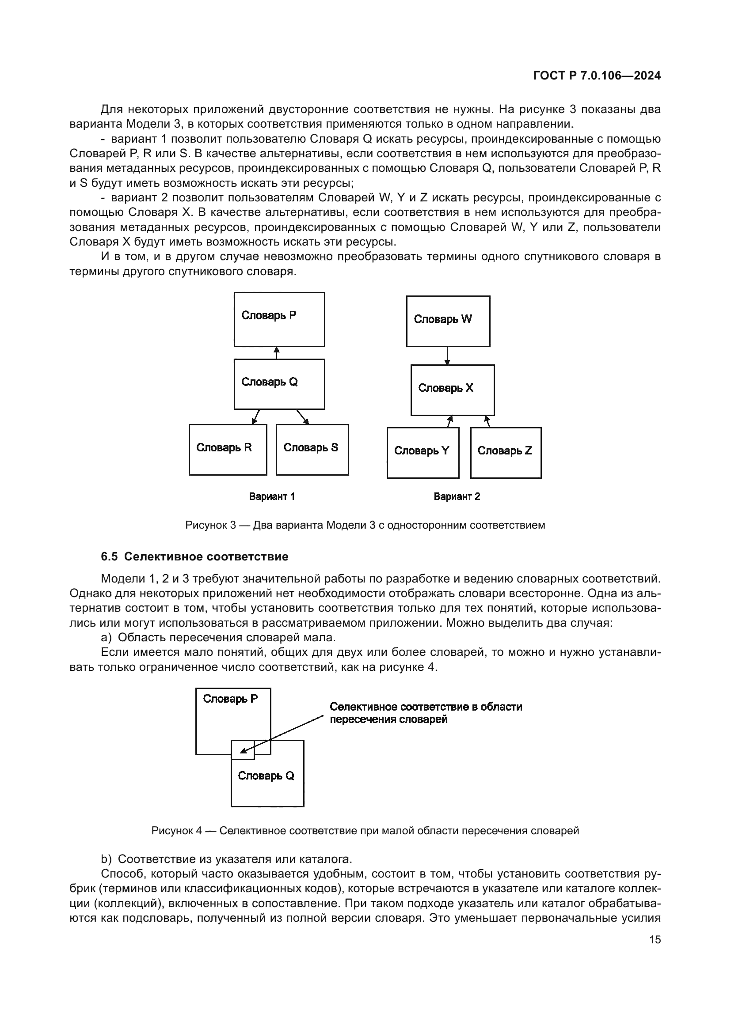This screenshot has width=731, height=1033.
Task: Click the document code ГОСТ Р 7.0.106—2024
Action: click(597, 76)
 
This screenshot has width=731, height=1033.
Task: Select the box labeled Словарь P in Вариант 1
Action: click(279, 319)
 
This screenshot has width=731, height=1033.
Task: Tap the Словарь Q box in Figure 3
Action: click(279, 384)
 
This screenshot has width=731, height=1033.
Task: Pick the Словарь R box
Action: click(228, 450)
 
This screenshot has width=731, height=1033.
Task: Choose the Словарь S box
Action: click(312, 450)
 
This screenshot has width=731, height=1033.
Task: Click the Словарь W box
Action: click(448, 321)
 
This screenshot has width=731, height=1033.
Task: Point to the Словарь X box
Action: click(453, 390)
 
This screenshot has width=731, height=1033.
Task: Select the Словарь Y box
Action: click(423, 453)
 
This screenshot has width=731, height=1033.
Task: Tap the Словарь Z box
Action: click(506, 453)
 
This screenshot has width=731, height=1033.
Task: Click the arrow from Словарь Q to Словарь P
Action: click(277, 353)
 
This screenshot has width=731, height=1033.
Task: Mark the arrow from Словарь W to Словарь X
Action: click(447, 356)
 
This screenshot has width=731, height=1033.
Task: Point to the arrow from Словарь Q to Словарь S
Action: click(302, 416)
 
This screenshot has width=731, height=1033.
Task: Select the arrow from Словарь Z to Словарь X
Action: click(487, 422)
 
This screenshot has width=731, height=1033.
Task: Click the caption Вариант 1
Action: click(272, 496)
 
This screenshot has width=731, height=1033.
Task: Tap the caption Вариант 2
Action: click(457, 496)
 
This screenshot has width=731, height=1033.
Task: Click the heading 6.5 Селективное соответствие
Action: click(194, 556)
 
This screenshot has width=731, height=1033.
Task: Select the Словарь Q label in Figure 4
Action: click(266, 776)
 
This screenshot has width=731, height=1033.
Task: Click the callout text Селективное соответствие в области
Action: click(426, 706)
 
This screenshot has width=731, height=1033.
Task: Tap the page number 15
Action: click(655, 939)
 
